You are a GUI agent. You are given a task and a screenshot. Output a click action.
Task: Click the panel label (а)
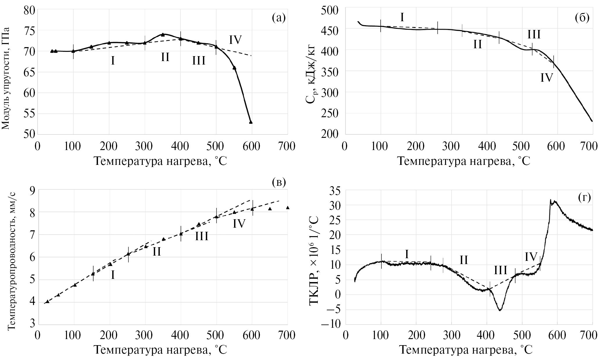tap(279, 18)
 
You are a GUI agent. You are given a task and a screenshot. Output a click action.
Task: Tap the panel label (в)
tap(279, 182)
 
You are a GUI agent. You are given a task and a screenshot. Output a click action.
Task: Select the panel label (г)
tap(584, 198)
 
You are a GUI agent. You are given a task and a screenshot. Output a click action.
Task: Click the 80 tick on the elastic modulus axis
tap(29, 10)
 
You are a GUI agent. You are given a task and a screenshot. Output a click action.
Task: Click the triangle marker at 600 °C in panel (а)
tap(251, 122)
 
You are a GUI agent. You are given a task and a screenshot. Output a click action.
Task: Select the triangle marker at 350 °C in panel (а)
tap(163, 35)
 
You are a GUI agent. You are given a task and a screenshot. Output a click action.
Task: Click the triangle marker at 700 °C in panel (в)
tap(288, 207)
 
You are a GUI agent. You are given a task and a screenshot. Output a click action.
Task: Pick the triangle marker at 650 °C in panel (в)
tap(270, 208)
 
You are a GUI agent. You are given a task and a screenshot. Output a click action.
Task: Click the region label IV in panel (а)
tap(235, 40)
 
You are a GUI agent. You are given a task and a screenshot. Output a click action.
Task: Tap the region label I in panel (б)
tap(402, 17)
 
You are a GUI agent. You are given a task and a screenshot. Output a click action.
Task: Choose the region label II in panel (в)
tap(157, 252)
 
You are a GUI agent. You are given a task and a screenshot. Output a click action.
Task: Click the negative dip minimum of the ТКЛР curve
tap(500, 310)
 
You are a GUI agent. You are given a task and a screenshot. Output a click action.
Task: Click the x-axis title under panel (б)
tap(464, 161)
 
